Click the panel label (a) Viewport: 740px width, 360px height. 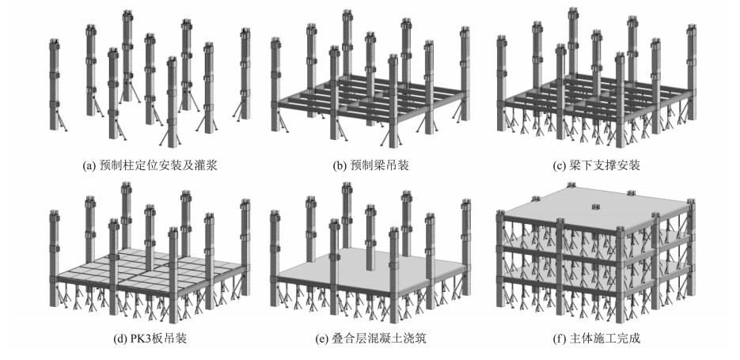click(89, 166)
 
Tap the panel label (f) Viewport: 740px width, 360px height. click(567, 339)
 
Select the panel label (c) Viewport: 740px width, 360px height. click(567, 166)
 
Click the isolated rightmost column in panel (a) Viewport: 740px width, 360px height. click(244, 75)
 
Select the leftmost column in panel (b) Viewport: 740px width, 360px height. click(276, 87)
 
